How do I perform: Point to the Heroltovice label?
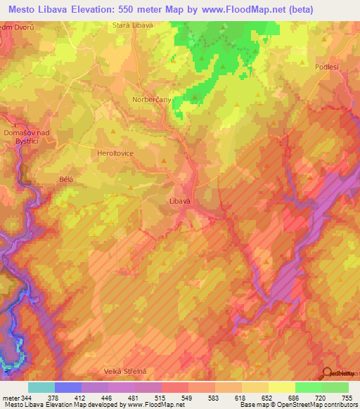pos(115,152)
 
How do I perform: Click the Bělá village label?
pos(67,179)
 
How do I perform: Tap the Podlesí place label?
pos(328,67)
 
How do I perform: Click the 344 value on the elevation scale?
pos(26,398)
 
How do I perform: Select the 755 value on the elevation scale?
pos(347,398)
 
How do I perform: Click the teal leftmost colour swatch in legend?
pos(41,388)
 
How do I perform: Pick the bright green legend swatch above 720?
pos(308,388)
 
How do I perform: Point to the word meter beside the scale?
pos(9,398)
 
